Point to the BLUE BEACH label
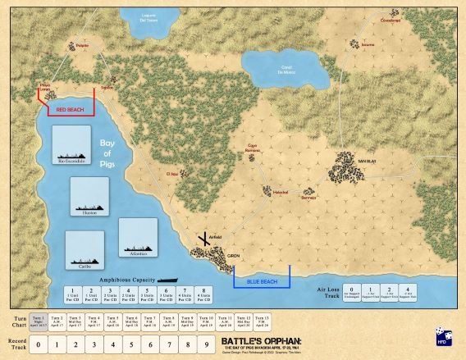point(261,281)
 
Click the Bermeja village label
point(308,198)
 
